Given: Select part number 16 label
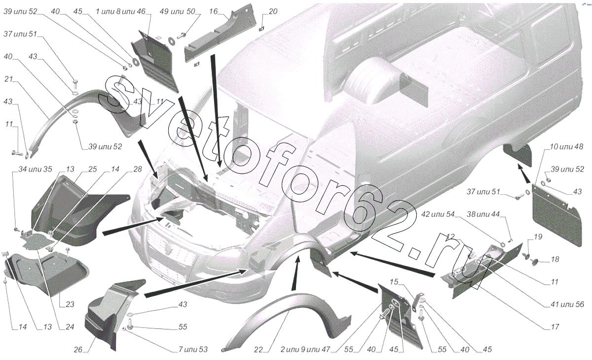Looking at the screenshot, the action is point(213,12).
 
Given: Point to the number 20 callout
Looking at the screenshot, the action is point(273,12).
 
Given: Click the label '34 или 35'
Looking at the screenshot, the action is point(35,169).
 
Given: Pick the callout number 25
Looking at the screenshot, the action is point(93,169).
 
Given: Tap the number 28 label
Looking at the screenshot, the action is point(138,169).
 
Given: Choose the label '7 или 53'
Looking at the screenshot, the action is point(193,350).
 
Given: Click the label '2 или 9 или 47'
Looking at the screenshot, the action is point(305,350).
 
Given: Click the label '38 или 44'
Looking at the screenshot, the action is point(483,214).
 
